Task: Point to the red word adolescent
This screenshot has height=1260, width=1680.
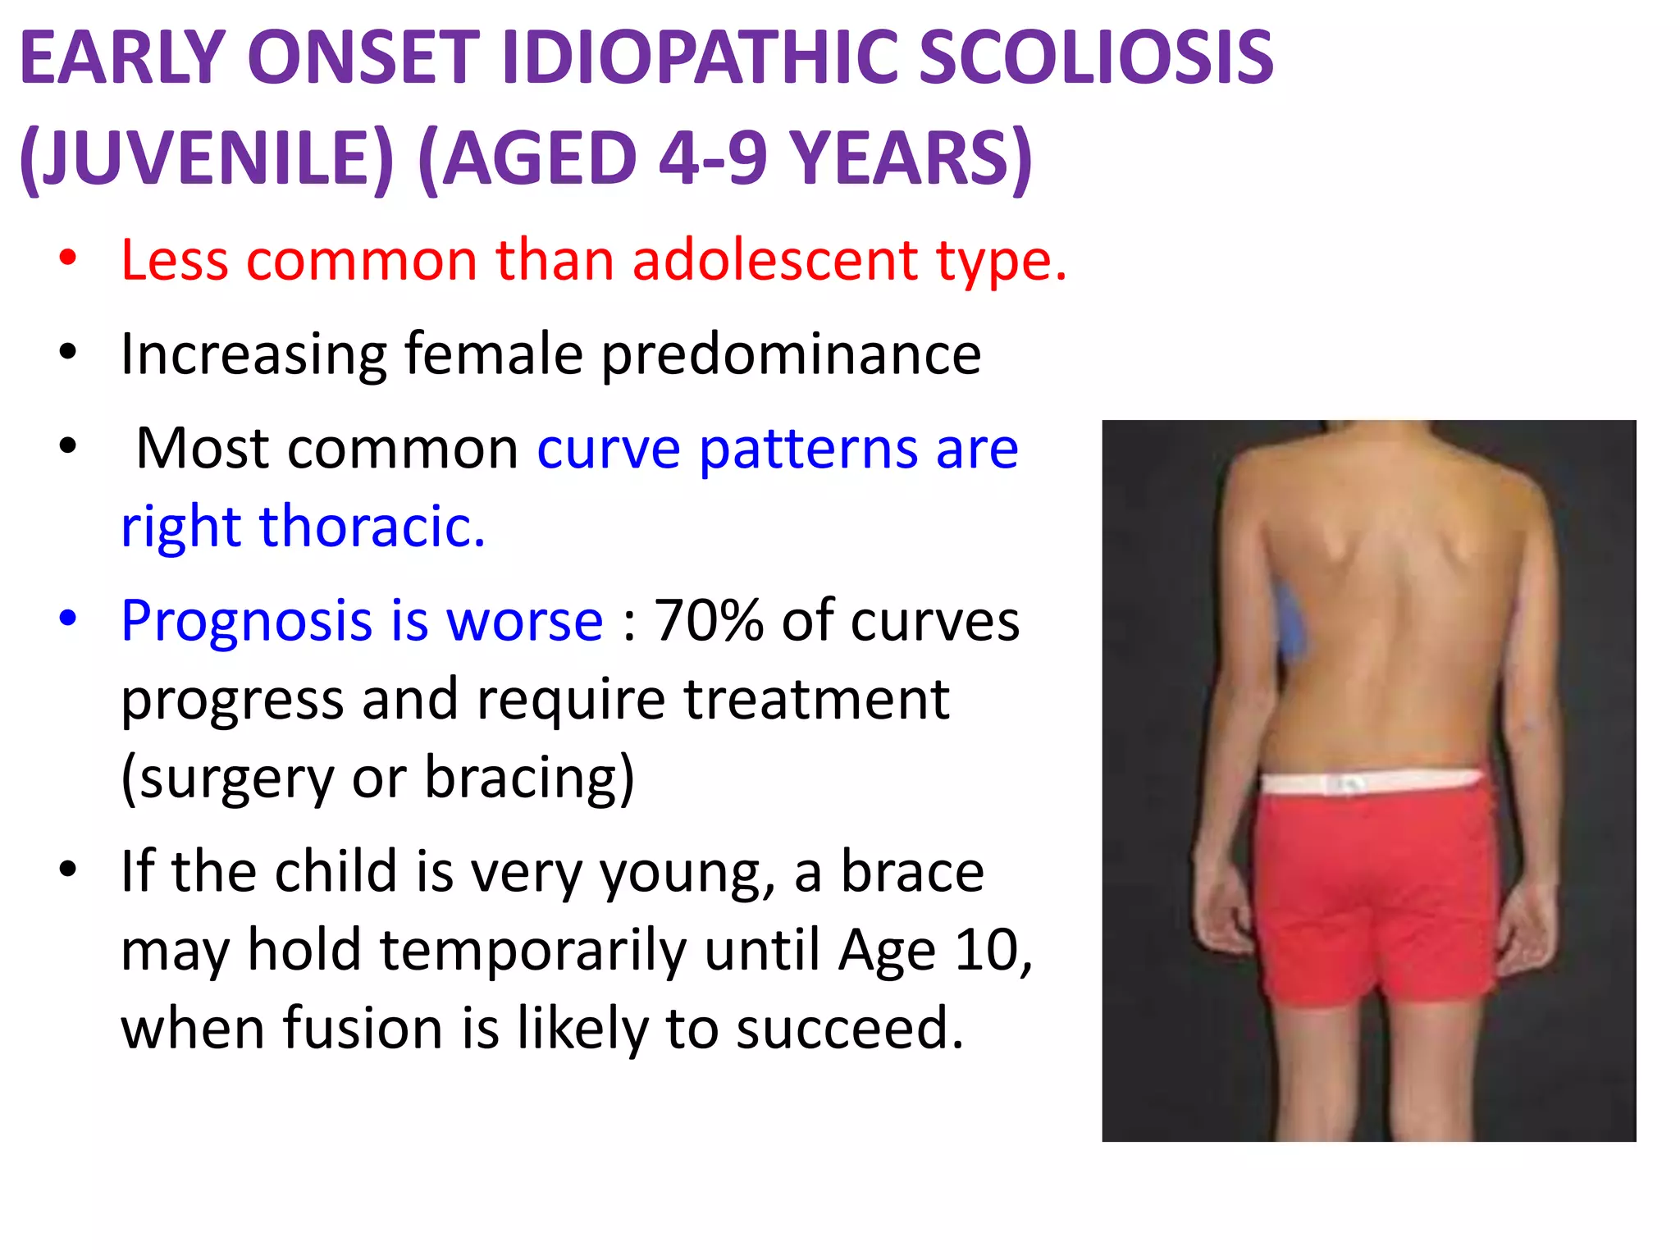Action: pyautogui.click(x=775, y=261)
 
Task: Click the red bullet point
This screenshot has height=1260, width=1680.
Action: pyautogui.click(x=68, y=259)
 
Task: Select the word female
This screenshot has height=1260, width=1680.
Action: pyautogui.click(x=493, y=354)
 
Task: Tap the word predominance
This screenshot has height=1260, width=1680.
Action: pyautogui.click(x=791, y=356)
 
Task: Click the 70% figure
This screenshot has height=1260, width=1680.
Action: pyautogui.click(x=708, y=621)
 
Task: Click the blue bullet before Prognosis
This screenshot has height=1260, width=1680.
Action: pyautogui.click(x=68, y=619)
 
